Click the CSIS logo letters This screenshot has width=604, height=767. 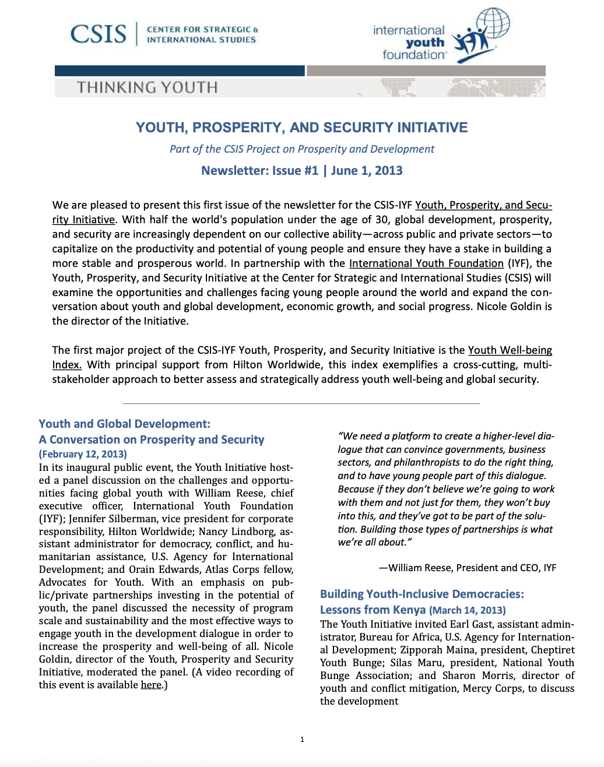[x=98, y=34]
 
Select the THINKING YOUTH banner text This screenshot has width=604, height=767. [x=147, y=87]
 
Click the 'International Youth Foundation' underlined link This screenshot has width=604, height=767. [x=426, y=263]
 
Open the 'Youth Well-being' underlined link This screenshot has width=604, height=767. [x=510, y=350]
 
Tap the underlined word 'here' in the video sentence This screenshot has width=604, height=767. [x=151, y=685]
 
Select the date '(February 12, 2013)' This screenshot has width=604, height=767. [x=83, y=454]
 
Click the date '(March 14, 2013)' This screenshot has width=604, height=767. [x=468, y=610]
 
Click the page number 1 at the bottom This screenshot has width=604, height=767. [x=302, y=740]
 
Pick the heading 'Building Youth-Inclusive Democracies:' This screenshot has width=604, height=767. [x=422, y=594]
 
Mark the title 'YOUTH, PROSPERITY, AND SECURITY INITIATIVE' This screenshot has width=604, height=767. [x=301, y=128]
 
